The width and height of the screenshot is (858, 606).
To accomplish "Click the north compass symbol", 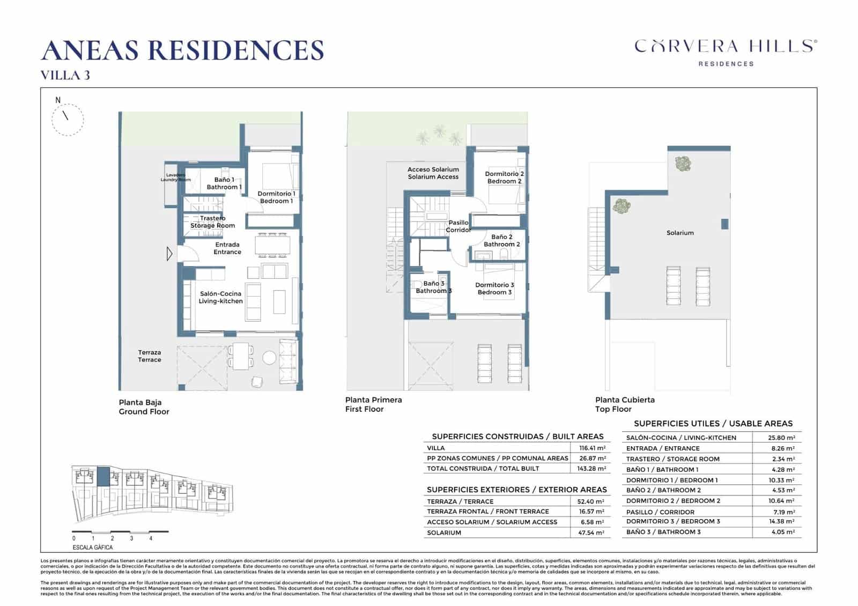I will (x=68, y=119).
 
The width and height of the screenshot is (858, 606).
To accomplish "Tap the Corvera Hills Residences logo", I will (x=726, y=52).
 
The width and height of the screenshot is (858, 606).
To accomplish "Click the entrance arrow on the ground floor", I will (x=169, y=253).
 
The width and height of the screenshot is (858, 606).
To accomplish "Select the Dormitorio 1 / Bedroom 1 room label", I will (x=276, y=197).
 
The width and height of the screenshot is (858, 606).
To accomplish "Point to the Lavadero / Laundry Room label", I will (x=175, y=177).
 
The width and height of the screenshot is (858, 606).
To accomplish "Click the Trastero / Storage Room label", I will (x=213, y=222).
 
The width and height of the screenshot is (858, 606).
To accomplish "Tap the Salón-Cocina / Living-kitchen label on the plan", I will (x=220, y=298).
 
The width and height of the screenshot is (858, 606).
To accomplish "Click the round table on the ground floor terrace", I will (x=269, y=357).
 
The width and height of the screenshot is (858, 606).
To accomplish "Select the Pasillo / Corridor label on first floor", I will (x=458, y=226).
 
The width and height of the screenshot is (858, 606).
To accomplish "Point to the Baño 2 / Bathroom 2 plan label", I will (x=502, y=241).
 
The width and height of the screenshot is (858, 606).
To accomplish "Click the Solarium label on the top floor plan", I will (x=680, y=233).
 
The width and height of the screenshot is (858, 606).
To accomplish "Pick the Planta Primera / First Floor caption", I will (x=373, y=404).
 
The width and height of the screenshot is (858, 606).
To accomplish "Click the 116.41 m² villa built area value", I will (x=592, y=448).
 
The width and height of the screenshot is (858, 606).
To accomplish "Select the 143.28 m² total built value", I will (x=592, y=469).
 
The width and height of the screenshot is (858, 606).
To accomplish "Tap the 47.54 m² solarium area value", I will (x=591, y=533).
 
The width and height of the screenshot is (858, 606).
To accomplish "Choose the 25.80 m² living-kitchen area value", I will (x=781, y=438).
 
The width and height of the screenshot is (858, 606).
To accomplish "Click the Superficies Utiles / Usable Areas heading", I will (x=713, y=424).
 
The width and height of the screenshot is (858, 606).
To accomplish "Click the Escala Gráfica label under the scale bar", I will (x=93, y=548).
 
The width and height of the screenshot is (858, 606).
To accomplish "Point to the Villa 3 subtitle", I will (x=65, y=76).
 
